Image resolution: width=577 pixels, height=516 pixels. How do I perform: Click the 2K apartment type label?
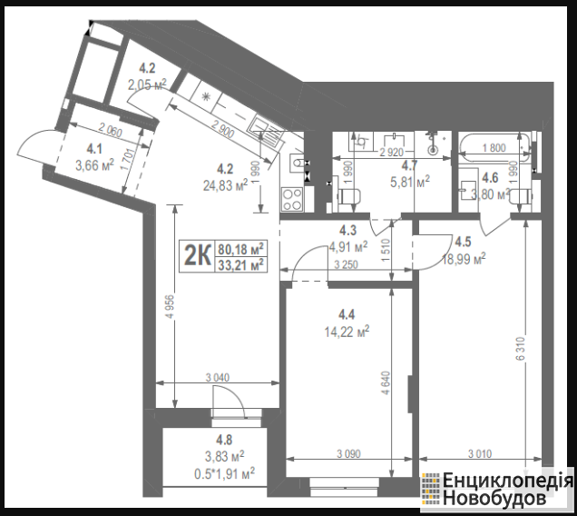(x=197, y=255)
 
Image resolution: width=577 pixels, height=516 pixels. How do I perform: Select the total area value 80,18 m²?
(x=240, y=249)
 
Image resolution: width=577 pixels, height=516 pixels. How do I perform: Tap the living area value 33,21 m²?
(x=240, y=264)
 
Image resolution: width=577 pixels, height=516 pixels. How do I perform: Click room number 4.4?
(x=347, y=314)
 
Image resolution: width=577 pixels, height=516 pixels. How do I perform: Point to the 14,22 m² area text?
(x=347, y=332)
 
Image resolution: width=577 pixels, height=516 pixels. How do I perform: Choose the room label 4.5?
(x=463, y=242)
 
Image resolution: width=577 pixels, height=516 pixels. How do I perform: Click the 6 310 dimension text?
(x=521, y=348)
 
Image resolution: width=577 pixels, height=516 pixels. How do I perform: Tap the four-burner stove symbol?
(x=292, y=199)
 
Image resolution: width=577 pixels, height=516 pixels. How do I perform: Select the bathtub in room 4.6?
(x=494, y=148)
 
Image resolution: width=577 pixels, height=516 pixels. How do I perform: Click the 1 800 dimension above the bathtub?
(x=494, y=148)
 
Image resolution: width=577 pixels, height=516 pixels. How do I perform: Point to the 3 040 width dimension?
(x=218, y=377)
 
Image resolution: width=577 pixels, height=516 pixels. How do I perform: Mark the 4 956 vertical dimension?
(x=170, y=307)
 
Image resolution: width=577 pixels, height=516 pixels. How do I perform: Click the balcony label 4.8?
(x=224, y=440)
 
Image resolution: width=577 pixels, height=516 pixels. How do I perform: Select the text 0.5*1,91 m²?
(x=224, y=473)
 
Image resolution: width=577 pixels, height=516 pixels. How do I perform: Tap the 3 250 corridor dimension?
(x=347, y=264)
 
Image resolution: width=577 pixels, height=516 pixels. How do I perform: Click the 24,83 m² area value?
(x=226, y=185)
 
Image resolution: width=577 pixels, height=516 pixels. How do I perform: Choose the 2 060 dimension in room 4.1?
(x=111, y=130)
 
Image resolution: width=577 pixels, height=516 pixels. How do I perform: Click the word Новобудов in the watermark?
(x=494, y=498)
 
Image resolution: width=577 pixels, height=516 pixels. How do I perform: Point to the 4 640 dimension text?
(x=386, y=382)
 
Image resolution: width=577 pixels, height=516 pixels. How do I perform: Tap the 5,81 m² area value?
(x=410, y=182)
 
